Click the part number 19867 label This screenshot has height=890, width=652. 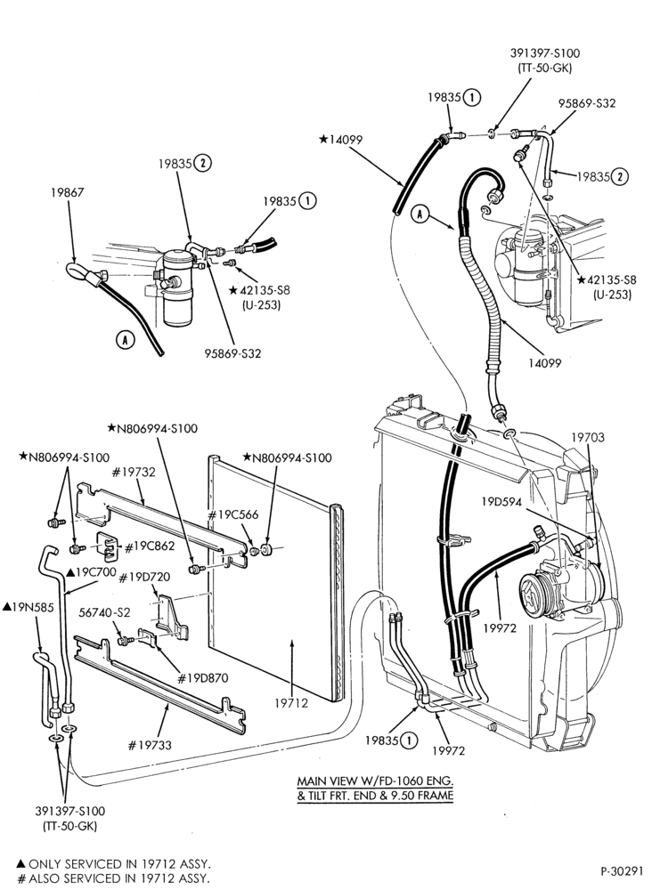(68, 192)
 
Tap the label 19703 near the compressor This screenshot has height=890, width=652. (587, 438)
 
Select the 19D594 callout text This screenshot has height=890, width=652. (501, 502)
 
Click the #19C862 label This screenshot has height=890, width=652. (149, 546)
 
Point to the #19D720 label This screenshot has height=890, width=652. (143, 578)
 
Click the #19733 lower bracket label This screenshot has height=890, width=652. (151, 745)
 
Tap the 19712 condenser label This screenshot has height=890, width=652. (290, 703)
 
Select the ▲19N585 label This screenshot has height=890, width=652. (29, 607)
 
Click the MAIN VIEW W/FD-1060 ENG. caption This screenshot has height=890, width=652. (375, 781)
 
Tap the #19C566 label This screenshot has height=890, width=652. (232, 514)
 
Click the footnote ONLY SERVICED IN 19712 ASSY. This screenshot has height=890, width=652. (114, 864)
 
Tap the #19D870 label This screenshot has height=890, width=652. (203, 677)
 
